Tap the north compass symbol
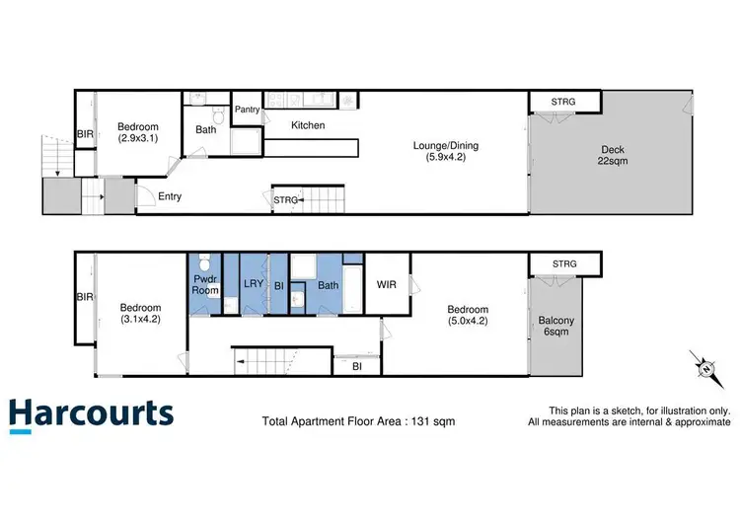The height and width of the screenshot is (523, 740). click(706, 367)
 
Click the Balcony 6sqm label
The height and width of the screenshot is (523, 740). click(558, 325)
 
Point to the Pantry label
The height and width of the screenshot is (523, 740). click(247, 110)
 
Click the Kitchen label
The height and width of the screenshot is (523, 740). click(307, 125)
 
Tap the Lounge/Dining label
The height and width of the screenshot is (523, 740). click(439, 151)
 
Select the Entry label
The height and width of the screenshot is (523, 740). click(170, 196)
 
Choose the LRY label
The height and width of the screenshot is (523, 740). click(252, 285)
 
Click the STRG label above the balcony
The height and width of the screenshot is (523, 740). click(564, 263)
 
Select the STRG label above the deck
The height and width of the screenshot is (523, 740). click(563, 102)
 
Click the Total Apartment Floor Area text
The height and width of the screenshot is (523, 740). click(358, 420)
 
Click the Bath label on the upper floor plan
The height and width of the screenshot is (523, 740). click(205, 129)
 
